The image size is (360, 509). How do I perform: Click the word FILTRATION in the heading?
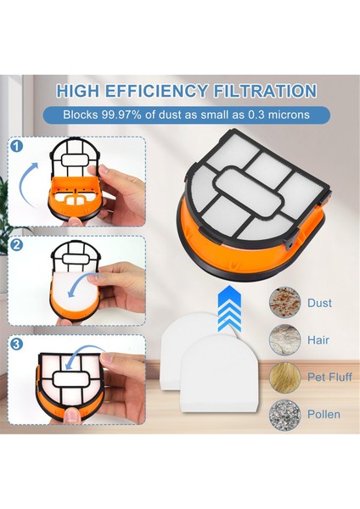click(264, 91)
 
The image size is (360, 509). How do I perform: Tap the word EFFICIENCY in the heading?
click(156, 91)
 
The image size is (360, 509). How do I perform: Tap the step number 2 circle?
click(17, 244)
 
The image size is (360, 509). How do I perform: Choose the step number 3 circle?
click(17, 344)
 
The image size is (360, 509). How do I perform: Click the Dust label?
click(319, 303)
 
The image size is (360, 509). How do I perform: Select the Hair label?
click(318, 340)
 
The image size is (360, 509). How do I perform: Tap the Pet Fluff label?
click(329, 377)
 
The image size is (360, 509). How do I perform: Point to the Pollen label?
click(323, 414)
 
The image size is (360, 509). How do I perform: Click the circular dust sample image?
click(285, 303)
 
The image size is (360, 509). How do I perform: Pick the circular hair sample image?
click(285, 340)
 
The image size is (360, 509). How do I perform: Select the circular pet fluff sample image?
click(285, 378)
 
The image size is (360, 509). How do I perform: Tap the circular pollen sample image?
click(285, 415)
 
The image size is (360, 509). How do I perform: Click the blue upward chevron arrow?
click(229, 309)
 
